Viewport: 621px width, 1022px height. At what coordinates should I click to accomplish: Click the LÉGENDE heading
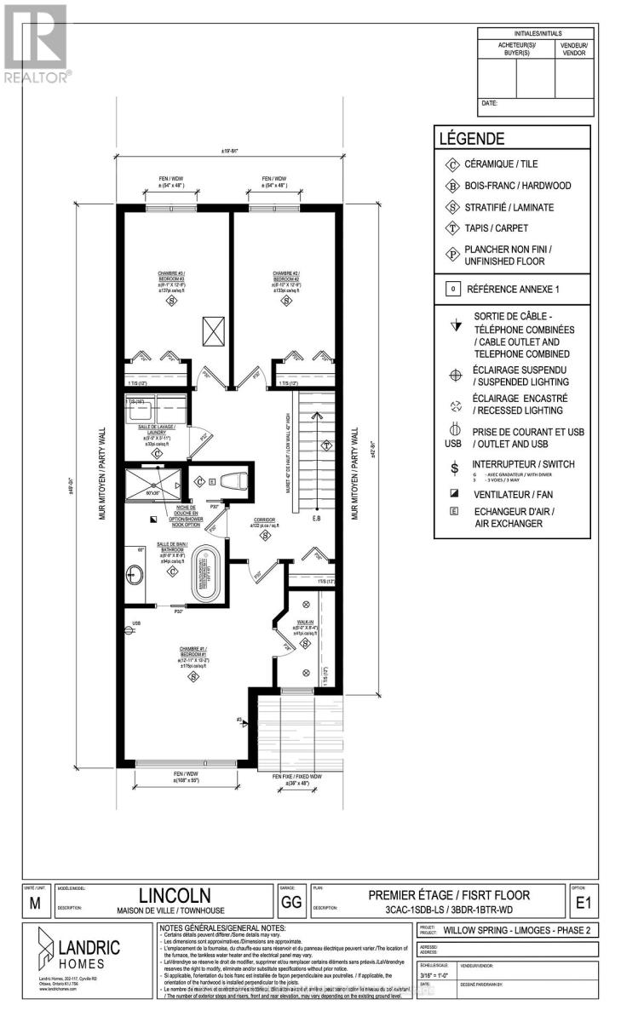coord(471,139)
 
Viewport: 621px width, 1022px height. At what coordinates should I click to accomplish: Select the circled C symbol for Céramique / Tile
coord(449,164)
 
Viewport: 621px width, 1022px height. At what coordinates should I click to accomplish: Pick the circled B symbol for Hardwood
coord(449,186)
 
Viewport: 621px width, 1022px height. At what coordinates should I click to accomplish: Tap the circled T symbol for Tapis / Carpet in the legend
coord(449,228)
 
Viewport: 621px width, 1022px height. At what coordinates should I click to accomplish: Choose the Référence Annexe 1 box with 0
coord(449,289)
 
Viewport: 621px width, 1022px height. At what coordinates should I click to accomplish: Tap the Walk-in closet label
coord(304,623)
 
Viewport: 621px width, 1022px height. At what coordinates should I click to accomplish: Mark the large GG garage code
coord(289,901)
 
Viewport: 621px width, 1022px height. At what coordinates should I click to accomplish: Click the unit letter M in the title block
coord(33,905)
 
